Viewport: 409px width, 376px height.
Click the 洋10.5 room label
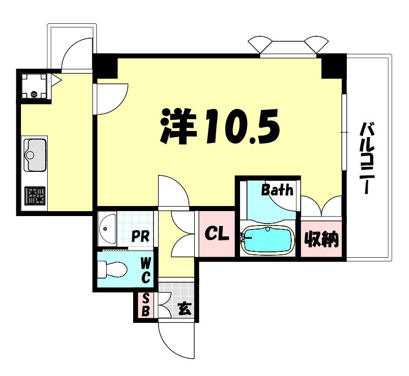coord(220,126)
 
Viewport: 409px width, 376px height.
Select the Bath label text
coord(277,190)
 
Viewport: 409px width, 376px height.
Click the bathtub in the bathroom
coord(268,239)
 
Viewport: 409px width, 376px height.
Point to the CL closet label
coord(217,233)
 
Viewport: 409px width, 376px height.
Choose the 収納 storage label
coord(322,239)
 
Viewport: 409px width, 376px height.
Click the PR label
coord(140,237)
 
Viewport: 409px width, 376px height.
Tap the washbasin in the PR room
coord(107,229)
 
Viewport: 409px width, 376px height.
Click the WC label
coord(145,270)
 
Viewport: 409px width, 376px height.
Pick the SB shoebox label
coord(146,304)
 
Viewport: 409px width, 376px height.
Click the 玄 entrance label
coord(185,309)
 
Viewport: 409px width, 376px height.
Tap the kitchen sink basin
coord(35,155)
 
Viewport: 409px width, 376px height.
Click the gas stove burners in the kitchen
coord(35,196)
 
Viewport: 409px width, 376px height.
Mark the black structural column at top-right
coord(334,66)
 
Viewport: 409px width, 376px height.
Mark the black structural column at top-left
coord(105,66)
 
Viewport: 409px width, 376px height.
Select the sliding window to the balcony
coord(344,133)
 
